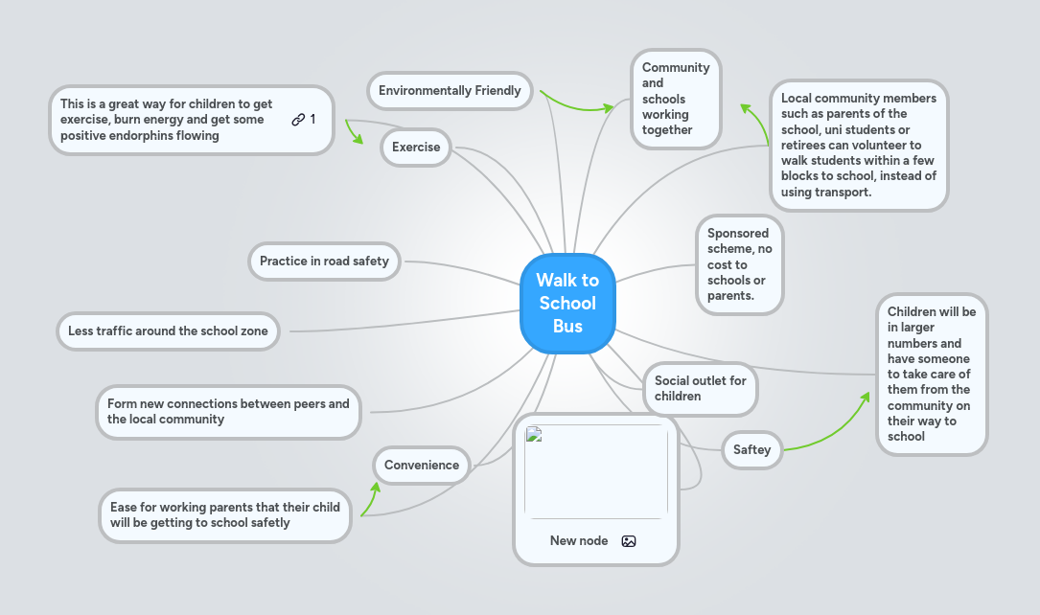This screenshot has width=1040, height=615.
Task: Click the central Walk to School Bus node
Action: [x=567, y=304]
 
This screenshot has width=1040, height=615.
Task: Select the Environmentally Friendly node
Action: [x=450, y=91]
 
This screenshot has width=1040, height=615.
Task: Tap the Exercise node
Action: [x=416, y=148]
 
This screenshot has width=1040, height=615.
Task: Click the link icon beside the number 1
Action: [x=298, y=120]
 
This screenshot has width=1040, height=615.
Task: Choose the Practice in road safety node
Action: [x=324, y=261]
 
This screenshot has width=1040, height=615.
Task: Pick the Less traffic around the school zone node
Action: [x=168, y=331]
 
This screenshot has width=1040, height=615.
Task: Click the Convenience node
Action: [x=422, y=466]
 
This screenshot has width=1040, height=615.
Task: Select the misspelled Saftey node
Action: [x=751, y=450]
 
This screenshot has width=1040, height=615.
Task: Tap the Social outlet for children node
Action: [x=700, y=389]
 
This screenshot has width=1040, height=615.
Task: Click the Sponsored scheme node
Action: [x=739, y=264]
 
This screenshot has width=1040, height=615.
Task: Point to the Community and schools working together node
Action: [x=676, y=99]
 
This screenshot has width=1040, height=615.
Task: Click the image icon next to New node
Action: [x=629, y=541]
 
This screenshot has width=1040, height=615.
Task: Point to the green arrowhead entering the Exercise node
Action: [x=359, y=140]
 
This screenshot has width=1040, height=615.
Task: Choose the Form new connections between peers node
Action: [x=228, y=412]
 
